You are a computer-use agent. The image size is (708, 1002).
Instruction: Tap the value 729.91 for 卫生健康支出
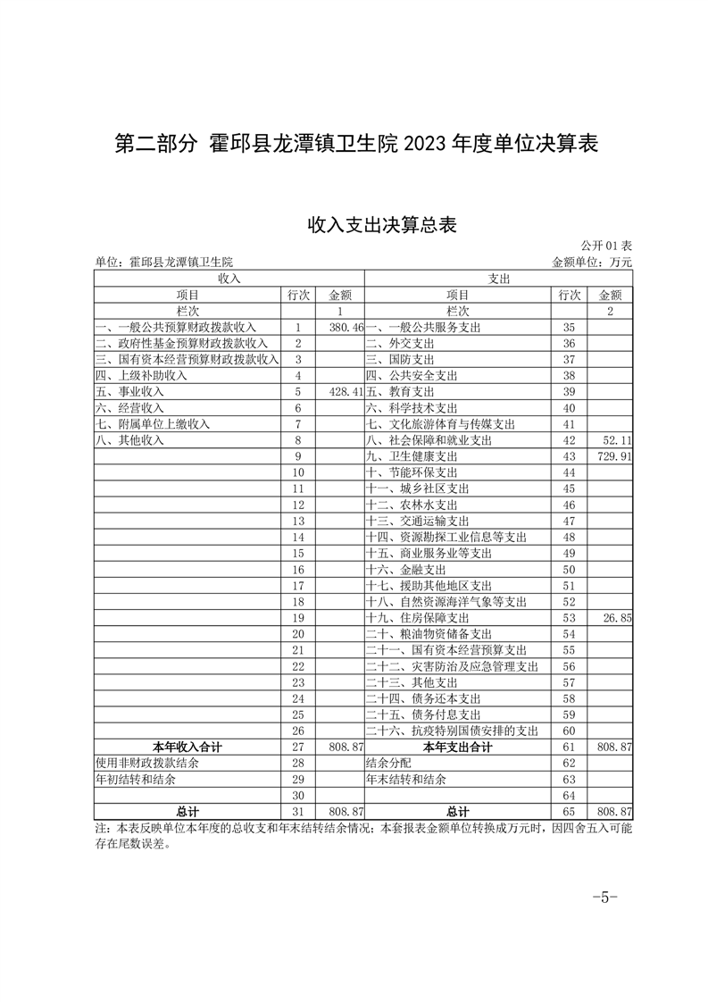point(613,456)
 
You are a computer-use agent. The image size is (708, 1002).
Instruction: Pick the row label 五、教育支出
point(401,392)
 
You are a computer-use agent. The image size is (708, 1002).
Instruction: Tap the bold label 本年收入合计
point(187,746)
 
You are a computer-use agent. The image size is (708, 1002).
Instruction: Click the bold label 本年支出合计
point(458,746)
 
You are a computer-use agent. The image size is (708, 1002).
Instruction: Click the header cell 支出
point(499,279)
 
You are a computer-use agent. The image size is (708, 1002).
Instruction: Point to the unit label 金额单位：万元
point(592,263)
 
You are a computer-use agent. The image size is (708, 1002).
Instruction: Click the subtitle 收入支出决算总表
point(382,224)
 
